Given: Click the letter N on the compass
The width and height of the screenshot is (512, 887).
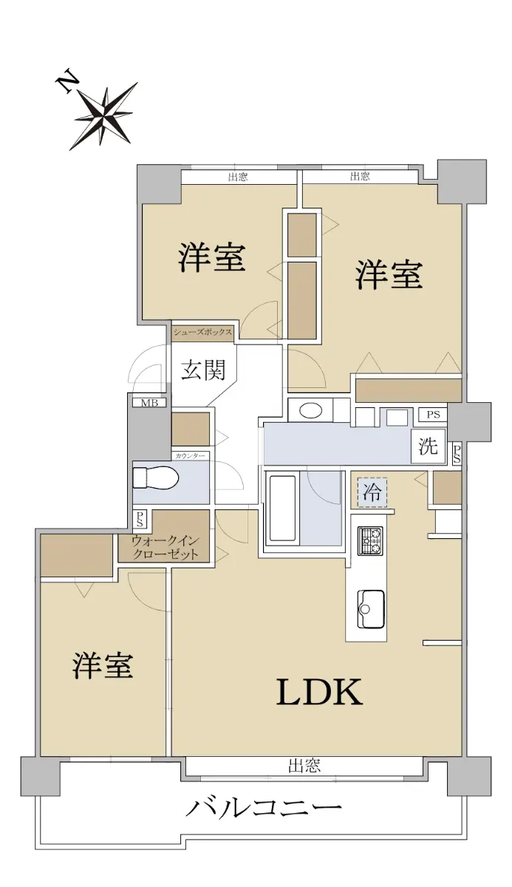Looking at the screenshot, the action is (65, 82).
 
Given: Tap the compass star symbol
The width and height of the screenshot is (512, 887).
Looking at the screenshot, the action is (104, 115).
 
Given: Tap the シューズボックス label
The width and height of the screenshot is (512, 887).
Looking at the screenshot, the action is (202, 332).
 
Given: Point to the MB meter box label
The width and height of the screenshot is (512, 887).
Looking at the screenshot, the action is (149, 403).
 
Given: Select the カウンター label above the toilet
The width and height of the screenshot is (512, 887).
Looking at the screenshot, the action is (190, 456).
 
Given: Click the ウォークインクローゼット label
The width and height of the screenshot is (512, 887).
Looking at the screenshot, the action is (165, 547).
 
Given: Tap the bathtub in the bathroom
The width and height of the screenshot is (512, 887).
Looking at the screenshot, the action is (282, 509).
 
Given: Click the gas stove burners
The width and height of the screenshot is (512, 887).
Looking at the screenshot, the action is (370, 540).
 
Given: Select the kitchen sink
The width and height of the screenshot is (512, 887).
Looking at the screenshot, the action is (371, 609).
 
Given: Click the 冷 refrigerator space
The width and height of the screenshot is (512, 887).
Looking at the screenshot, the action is (372, 492).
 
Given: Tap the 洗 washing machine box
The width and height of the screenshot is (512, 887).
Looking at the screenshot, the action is (429, 446).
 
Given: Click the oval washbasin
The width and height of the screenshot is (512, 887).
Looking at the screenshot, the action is (311, 410).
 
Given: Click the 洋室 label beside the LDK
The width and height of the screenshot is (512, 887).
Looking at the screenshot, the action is (102, 665).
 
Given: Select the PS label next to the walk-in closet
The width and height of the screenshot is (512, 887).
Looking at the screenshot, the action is (140, 519).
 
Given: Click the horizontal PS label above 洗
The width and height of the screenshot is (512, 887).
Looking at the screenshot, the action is (434, 415).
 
